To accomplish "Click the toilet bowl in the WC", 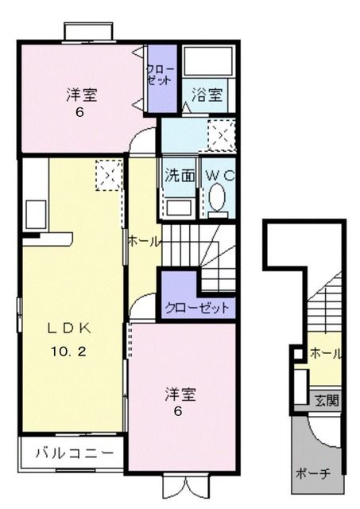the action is (217, 197).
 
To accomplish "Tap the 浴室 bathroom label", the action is (207, 95).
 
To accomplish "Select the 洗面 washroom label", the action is (180, 176).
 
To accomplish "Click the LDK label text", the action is (69, 328).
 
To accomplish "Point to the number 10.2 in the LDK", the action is (68, 352).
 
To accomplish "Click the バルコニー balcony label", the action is (75, 453).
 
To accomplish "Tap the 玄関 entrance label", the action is (327, 401).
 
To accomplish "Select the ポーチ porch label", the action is (312, 474).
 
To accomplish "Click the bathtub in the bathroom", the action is (208, 60).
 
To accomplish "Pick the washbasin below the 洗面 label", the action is (179, 208).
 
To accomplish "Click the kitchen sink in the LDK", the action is (36, 215).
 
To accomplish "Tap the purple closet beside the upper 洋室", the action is (162, 79).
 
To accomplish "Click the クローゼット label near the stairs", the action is (197, 308).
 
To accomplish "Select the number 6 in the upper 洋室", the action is (79, 113).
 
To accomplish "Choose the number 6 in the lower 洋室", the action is (178, 411).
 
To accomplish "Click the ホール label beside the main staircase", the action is (145, 242).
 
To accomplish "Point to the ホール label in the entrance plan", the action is (326, 353).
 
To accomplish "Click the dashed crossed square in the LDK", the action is (109, 175).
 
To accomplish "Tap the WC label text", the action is (219, 176).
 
